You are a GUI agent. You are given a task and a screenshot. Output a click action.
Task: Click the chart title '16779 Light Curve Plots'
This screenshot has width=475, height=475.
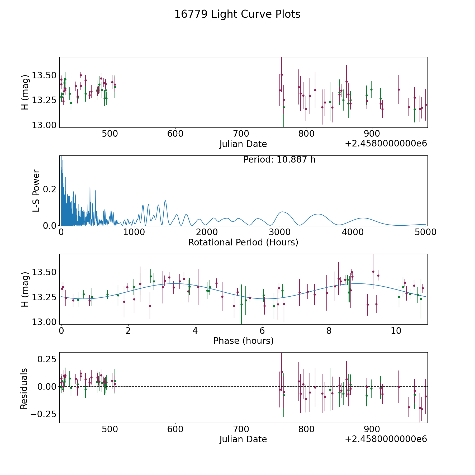coord(237,14)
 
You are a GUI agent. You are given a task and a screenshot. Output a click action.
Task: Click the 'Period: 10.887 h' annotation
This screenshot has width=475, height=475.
coord(279,160)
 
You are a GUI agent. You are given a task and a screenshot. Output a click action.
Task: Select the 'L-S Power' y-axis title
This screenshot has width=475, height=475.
coord(36,191)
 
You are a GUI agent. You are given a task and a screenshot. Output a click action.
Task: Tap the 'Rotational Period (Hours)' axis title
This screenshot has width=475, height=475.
coord(243,242)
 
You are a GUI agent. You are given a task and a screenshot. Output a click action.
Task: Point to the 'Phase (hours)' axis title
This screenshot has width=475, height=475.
coord(243,341)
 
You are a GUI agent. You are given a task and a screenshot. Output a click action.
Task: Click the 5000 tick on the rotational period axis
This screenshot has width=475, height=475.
coord(425,232)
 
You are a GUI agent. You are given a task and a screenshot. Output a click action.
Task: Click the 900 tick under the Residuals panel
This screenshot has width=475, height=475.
coord(372,429)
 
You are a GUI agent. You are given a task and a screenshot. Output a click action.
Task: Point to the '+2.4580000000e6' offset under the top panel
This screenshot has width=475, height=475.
coord(386,144)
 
